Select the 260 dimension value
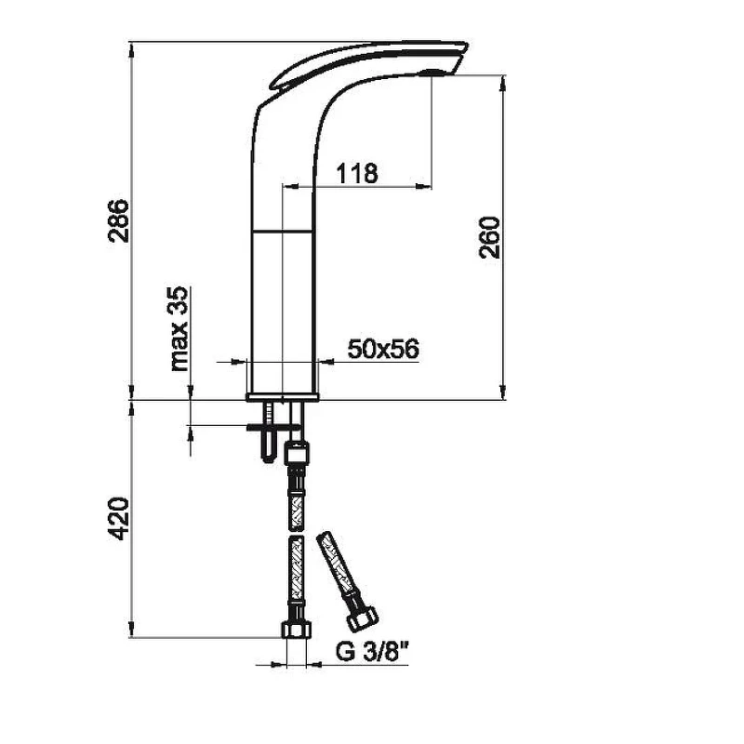[x=490, y=237]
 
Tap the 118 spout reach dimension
[x=357, y=173]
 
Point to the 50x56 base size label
[x=383, y=349]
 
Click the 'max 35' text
[x=179, y=329]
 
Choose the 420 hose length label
[x=119, y=518]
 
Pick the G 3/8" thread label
[x=372, y=652]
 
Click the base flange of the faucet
[x=283, y=397]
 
